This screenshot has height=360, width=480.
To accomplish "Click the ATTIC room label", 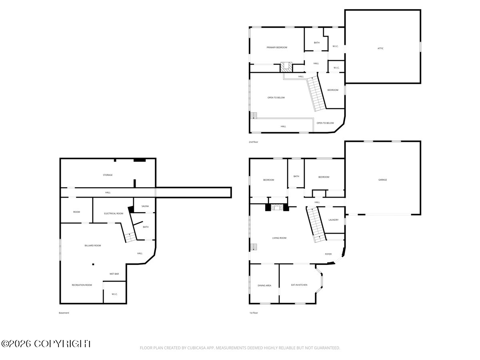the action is (x=380, y=48).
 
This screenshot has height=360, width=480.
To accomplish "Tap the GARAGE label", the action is (x=382, y=180).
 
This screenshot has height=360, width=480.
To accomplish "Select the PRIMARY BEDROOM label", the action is (x=277, y=48).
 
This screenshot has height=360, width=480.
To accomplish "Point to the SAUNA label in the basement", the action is (x=145, y=206).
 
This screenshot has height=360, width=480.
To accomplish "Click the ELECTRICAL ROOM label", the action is (x=114, y=213).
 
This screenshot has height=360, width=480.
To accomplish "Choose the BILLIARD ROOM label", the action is (x=93, y=246).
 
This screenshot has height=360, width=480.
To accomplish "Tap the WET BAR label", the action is (x=114, y=274).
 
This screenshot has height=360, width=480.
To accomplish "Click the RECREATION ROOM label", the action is (x=82, y=285).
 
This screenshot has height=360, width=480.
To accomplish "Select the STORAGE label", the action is (x=108, y=175).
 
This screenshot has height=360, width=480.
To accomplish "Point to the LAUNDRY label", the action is (x=333, y=220).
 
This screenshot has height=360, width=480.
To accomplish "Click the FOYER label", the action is (x=328, y=254).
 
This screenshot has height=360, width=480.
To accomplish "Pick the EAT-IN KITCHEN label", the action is (x=299, y=285).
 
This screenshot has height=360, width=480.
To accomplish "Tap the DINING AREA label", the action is (x=264, y=285).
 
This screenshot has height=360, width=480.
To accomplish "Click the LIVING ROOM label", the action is (x=279, y=238).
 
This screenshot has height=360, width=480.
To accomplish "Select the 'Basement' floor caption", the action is (x=64, y=313).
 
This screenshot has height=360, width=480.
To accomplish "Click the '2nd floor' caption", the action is (x=253, y=142).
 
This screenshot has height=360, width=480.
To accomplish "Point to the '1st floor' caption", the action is (x=254, y=313).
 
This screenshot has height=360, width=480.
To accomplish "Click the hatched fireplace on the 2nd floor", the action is (x=286, y=67).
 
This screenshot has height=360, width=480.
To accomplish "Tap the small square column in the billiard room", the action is (x=93, y=264).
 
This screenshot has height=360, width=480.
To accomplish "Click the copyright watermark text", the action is (x=46, y=344).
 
